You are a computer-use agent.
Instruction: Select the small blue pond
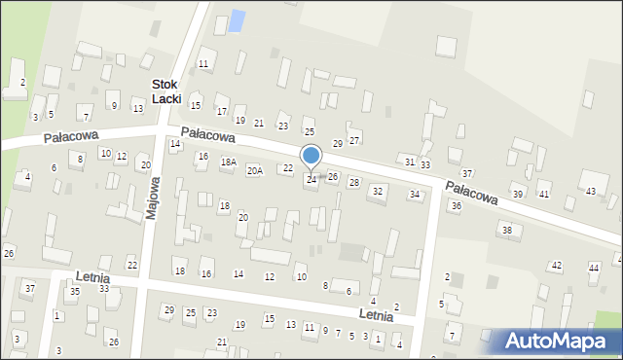(x=236, y=20)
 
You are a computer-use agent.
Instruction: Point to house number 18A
(x=229, y=162)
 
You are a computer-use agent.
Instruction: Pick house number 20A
(x=255, y=170)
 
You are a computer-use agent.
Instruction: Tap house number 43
(x=591, y=191)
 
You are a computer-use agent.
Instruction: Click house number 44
(x=594, y=267)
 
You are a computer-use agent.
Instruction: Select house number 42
(x=557, y=265)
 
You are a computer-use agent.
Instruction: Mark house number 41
(x=544, y=195)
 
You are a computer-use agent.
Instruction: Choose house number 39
(x=518, y=195)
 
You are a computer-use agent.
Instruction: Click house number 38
(x=506, y=230)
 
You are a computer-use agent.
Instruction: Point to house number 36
(x=456, y=206)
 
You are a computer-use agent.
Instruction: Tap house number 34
(x=415, y=195)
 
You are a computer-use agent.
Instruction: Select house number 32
(x=378, y=191)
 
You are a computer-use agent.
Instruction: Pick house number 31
(x=410, y=161)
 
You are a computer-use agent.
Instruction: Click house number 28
(x=354, y=182)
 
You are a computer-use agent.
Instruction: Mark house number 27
(x=354, y=139)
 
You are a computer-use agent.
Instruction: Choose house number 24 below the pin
(x=311, y=179)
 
